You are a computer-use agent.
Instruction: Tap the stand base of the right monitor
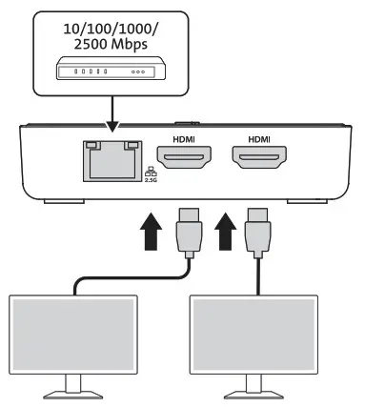click(x=251, y=393)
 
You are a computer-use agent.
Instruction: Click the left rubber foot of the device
click(x=63, y=201)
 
